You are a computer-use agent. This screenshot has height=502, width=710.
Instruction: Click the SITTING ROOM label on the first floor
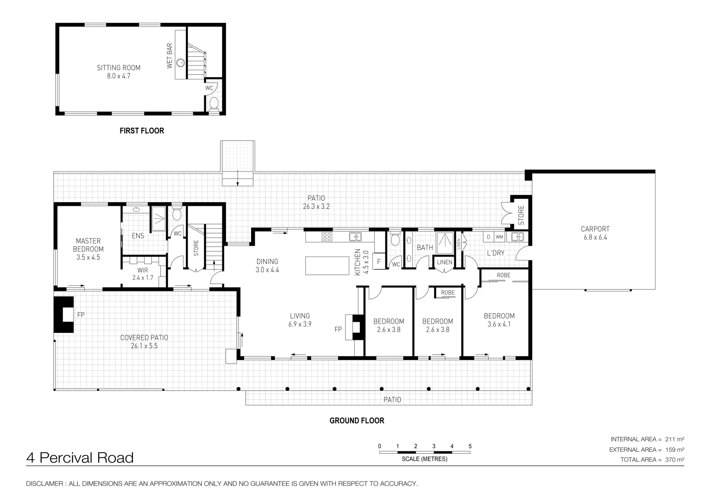pos(119,68)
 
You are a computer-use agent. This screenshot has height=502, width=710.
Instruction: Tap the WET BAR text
pos(170,56)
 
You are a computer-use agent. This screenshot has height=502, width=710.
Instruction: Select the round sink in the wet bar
pos(181,63)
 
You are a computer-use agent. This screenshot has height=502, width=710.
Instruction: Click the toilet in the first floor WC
pos(214,103)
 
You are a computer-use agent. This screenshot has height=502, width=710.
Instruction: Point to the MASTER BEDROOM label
pos(88,245)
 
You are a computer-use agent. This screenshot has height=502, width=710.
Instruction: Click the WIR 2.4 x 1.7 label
pos(143,274)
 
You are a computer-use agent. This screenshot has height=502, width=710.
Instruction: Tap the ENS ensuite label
pos(138,236)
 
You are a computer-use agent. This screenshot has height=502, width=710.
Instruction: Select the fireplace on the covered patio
pos(64,314)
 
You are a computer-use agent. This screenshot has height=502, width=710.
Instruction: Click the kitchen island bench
pos(327,265)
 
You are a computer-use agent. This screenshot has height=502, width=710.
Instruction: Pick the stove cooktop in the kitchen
pos(327,237)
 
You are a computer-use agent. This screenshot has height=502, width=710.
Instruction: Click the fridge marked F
pos(379,261)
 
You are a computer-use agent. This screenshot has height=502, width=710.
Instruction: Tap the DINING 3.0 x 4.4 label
pos(267,265)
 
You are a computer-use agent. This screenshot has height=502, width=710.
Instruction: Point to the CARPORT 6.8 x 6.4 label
pos(595,233)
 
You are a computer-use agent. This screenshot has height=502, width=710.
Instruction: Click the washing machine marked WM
pos(499,237)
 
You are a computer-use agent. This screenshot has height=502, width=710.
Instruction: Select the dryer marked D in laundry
pos(488,237)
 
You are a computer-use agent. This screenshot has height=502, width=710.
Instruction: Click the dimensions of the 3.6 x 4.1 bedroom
pos(499,324)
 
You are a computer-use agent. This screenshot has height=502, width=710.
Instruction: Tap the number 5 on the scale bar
pos(470,446)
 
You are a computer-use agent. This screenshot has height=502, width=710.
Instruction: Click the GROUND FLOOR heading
pos(357,421)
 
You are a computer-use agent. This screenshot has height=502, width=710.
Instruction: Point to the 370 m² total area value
pos(675,460)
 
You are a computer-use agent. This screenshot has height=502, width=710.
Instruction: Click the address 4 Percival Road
pos(80,458)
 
